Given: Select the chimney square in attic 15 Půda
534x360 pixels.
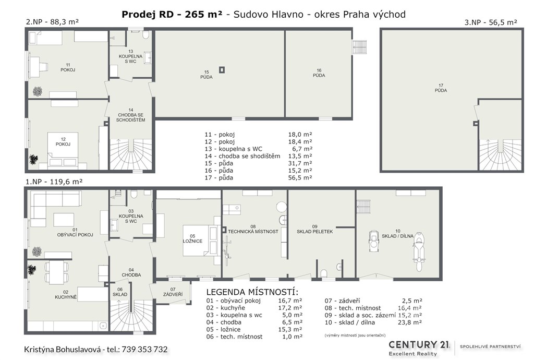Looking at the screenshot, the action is point(222,70).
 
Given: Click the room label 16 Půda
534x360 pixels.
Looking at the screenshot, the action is point(319,73).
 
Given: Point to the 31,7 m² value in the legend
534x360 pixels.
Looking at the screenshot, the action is point(300,163).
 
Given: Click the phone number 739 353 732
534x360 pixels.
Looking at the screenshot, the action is point(144,350).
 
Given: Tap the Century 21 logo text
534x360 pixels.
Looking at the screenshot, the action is point(419,345).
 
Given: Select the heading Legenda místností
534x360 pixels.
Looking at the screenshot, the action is point(252,292).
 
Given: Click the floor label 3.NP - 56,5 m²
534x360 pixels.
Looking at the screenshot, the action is point(491,22).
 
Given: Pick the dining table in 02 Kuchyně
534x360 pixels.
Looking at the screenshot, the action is point(56,272).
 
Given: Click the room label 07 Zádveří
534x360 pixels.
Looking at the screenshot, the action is point(173,292).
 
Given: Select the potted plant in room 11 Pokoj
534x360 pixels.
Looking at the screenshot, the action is point(37,91).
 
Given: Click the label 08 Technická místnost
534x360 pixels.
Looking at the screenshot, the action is point(253,229).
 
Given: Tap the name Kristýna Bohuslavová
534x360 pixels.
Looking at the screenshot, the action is point(63,350).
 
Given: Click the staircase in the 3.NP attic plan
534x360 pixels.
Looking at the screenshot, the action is point(500,154).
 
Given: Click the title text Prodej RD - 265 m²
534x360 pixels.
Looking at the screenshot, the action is point(172,14).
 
